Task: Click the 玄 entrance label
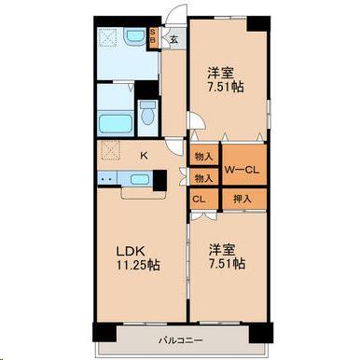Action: pyautogui.click(x=174, y=40)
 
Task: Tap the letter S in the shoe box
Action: pyautogui.click(x=155, y=33)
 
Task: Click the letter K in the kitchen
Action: pyautogui.click(x=144, y=157)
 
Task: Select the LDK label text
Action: pyautogui.click(x=128, y=249)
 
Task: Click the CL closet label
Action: pyautogui.click(x=200, y=198)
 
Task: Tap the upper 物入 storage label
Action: pyautogui.click(x=203, y=156)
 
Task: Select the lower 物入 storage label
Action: pyautogui.click(x=202, y=176)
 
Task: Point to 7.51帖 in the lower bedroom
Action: pyautogui.click(x=226, y=264)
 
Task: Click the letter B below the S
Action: pyautogui.click(x=155, y=42)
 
